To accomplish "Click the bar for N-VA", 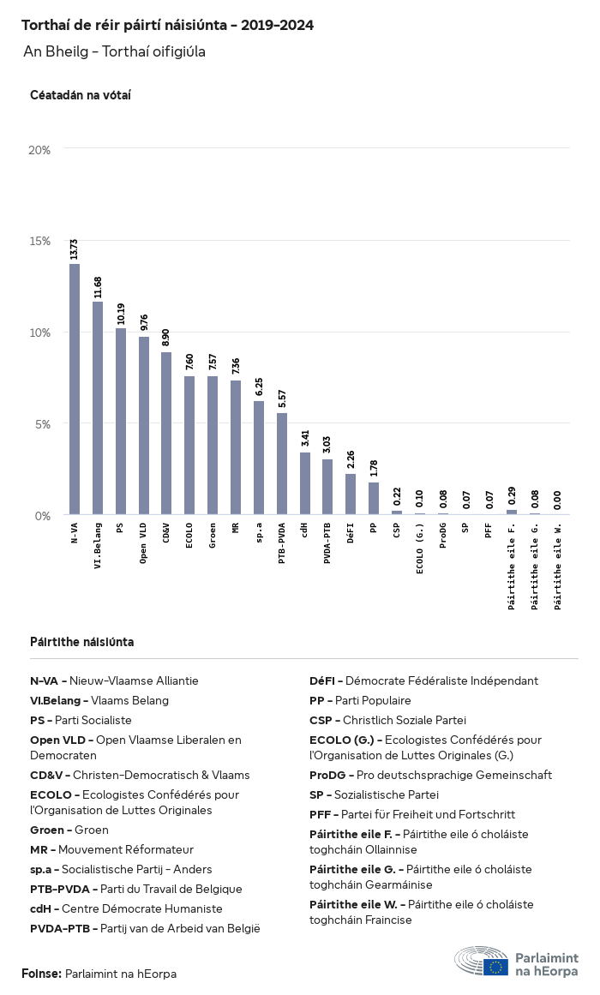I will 75,390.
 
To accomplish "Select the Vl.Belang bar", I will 98,408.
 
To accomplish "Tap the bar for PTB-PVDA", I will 282,464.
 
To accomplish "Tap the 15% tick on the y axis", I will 39,241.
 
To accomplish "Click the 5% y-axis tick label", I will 43,423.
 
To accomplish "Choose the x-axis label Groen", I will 213,540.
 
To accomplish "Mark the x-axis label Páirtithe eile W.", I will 558,567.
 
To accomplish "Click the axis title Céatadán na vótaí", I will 81,95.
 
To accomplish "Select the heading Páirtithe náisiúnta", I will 81,642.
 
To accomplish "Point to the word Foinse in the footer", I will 41,974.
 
